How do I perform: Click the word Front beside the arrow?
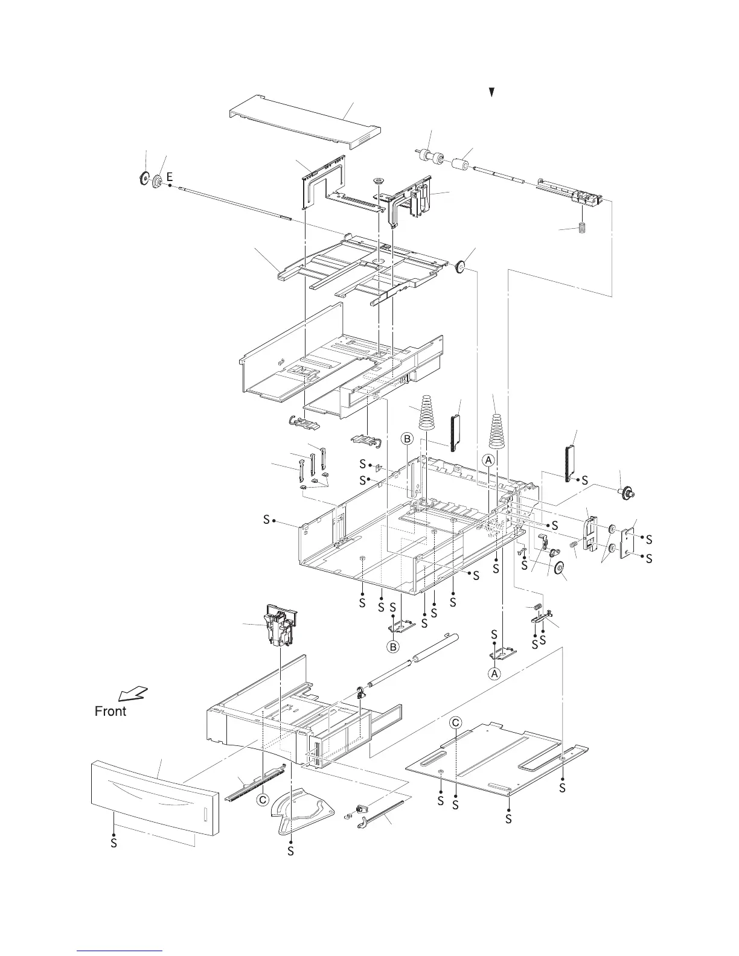point(110,711)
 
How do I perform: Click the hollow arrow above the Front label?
point(133,693)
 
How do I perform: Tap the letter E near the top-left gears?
point(170,177)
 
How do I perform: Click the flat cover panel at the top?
point(306,122)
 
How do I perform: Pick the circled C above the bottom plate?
point(456,722)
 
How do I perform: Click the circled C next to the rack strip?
point(262,800)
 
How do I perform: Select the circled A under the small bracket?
point(494,673)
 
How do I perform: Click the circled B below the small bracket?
point(392,646)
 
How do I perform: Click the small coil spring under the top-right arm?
point(583,230)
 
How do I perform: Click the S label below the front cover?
point(114,843)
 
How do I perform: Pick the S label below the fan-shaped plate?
point(290,850)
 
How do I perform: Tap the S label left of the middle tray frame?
point(266,520)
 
